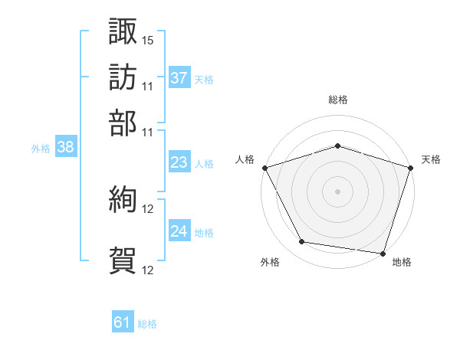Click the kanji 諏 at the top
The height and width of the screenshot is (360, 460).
tap(123, 31)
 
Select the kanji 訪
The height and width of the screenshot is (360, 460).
tap(123, 77)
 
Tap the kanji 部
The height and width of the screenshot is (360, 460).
tap(123, 123)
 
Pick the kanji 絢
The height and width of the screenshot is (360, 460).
tap(123, 199)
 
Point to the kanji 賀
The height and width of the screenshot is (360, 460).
tap(123, 260)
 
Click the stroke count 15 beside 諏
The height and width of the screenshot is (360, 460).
tap(147, 41)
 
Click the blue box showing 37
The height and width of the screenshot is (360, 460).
tap(179, 77)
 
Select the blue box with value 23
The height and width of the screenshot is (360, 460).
tap(179, 162)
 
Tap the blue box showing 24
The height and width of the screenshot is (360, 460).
tap(179, 230)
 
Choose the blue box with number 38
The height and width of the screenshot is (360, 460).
tap(66, 146)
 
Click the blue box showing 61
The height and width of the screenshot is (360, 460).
tap(123, 321)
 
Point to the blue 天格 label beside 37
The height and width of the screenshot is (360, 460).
tap(204, 80)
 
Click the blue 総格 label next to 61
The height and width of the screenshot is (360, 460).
tap(147, 324)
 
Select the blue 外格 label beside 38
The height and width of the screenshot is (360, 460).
tap(41, 149)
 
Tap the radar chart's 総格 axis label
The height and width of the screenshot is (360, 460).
tap(338, 100)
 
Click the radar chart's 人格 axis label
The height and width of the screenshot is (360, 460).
tap(245, 159)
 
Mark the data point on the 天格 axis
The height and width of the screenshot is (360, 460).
tap(411, 168)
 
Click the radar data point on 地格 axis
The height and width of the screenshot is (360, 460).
tap(383, 254)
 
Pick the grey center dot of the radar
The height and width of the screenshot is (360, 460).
tap(337, 191)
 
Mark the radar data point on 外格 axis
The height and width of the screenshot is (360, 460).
tap(302, 241)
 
